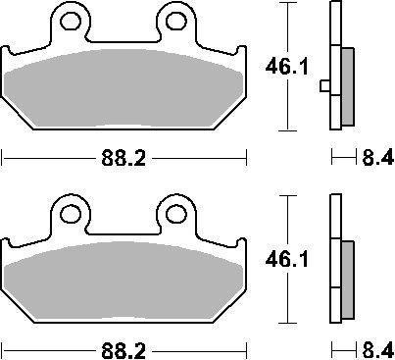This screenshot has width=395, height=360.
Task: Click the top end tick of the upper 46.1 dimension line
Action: click(x=286, y=5)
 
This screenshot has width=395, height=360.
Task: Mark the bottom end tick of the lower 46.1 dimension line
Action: click(x=286, y=323)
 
